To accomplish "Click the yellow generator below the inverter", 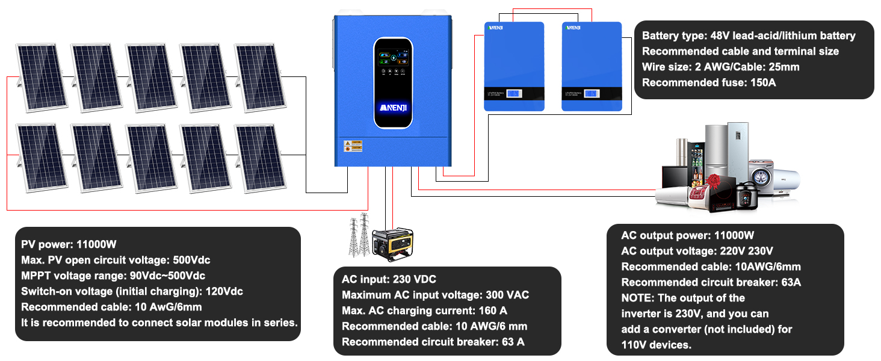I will [x=392, y=244].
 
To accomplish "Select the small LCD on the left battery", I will [x=514, y=94].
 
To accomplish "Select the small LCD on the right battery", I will [x=591, y=94].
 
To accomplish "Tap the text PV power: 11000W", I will [x=69, y=245].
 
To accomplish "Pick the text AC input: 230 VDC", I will [x=389, y=280].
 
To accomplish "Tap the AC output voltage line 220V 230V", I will [x=697, y=251].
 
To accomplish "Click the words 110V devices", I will [x=656, y=345].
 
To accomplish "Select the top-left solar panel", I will [x=39, y=76].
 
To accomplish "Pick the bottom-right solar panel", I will [x=260, y=158].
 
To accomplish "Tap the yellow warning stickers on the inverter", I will [x=349, y=146].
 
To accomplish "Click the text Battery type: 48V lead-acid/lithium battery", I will [x=749, y=35].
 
